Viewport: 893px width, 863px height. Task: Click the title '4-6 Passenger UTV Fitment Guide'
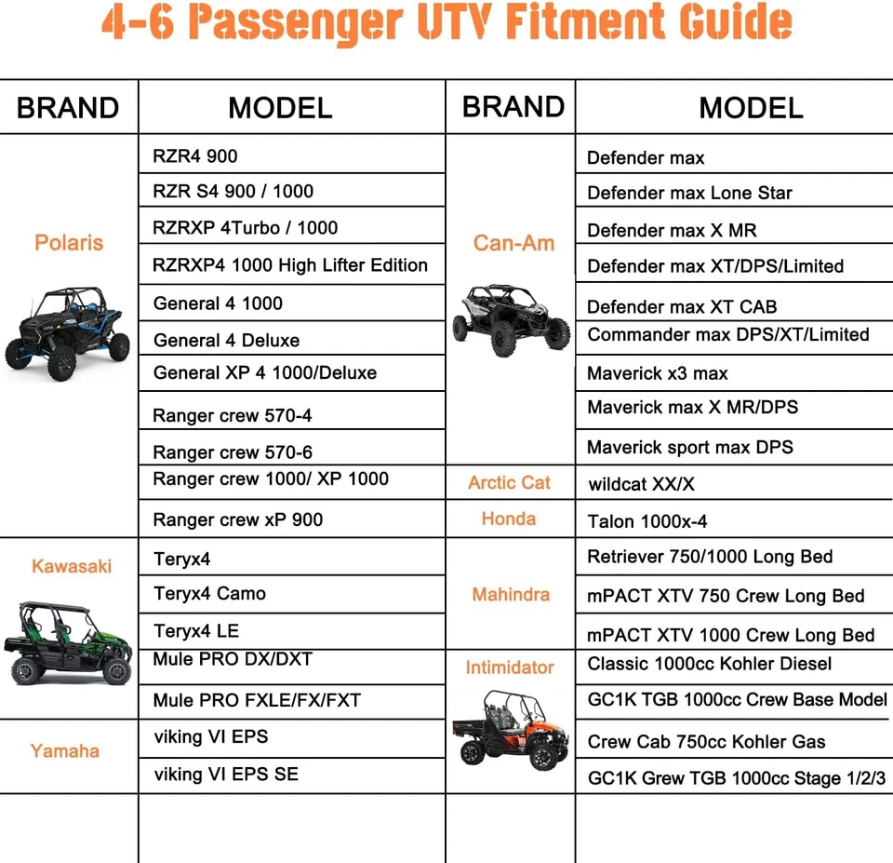pyautogui.click(x=446, y=25)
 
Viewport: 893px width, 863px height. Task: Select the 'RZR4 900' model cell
pyautogui.click(x=195, y=156)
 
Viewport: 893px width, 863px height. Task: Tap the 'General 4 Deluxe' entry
pyautogui.click(x=227, y=341)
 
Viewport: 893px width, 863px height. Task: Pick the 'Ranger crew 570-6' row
pyautogui.click(x=233, y=452)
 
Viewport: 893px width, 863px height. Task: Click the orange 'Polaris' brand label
pyautogui.click(x=69, y=243)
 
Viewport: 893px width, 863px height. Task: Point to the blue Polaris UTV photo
pyautogui.click(x=67, y=332)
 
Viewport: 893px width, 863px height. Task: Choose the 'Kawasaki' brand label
pyautogui.click(x=72, y=566)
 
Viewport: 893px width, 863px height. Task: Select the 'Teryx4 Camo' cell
pyautogui.click(x=210, y=594)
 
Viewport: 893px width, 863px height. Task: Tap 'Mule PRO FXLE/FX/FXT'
pyautogui.click(x=258, y=700)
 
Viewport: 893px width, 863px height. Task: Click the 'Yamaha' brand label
pyautogui.click(x=65, y=750)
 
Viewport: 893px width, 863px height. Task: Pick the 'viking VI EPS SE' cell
pyautogui.click(x=226, y=775)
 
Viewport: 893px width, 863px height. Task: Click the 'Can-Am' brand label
pyautogui.click(x=513, y=243)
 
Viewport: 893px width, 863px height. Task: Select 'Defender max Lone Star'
pyautogui.click(x=689, y=194)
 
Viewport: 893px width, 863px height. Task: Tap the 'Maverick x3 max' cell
pyautogui.click(x=658, y=373)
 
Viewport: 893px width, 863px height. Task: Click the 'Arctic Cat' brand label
pyautogui.click(x=509, y=482)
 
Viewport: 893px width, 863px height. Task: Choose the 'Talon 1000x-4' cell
pyautogui.click(x=647, y=521)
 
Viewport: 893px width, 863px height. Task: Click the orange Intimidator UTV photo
pyautogui.click(x=510, y=729)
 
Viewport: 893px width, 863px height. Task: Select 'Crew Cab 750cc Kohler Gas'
pyautogui.click(x=706, y=742)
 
